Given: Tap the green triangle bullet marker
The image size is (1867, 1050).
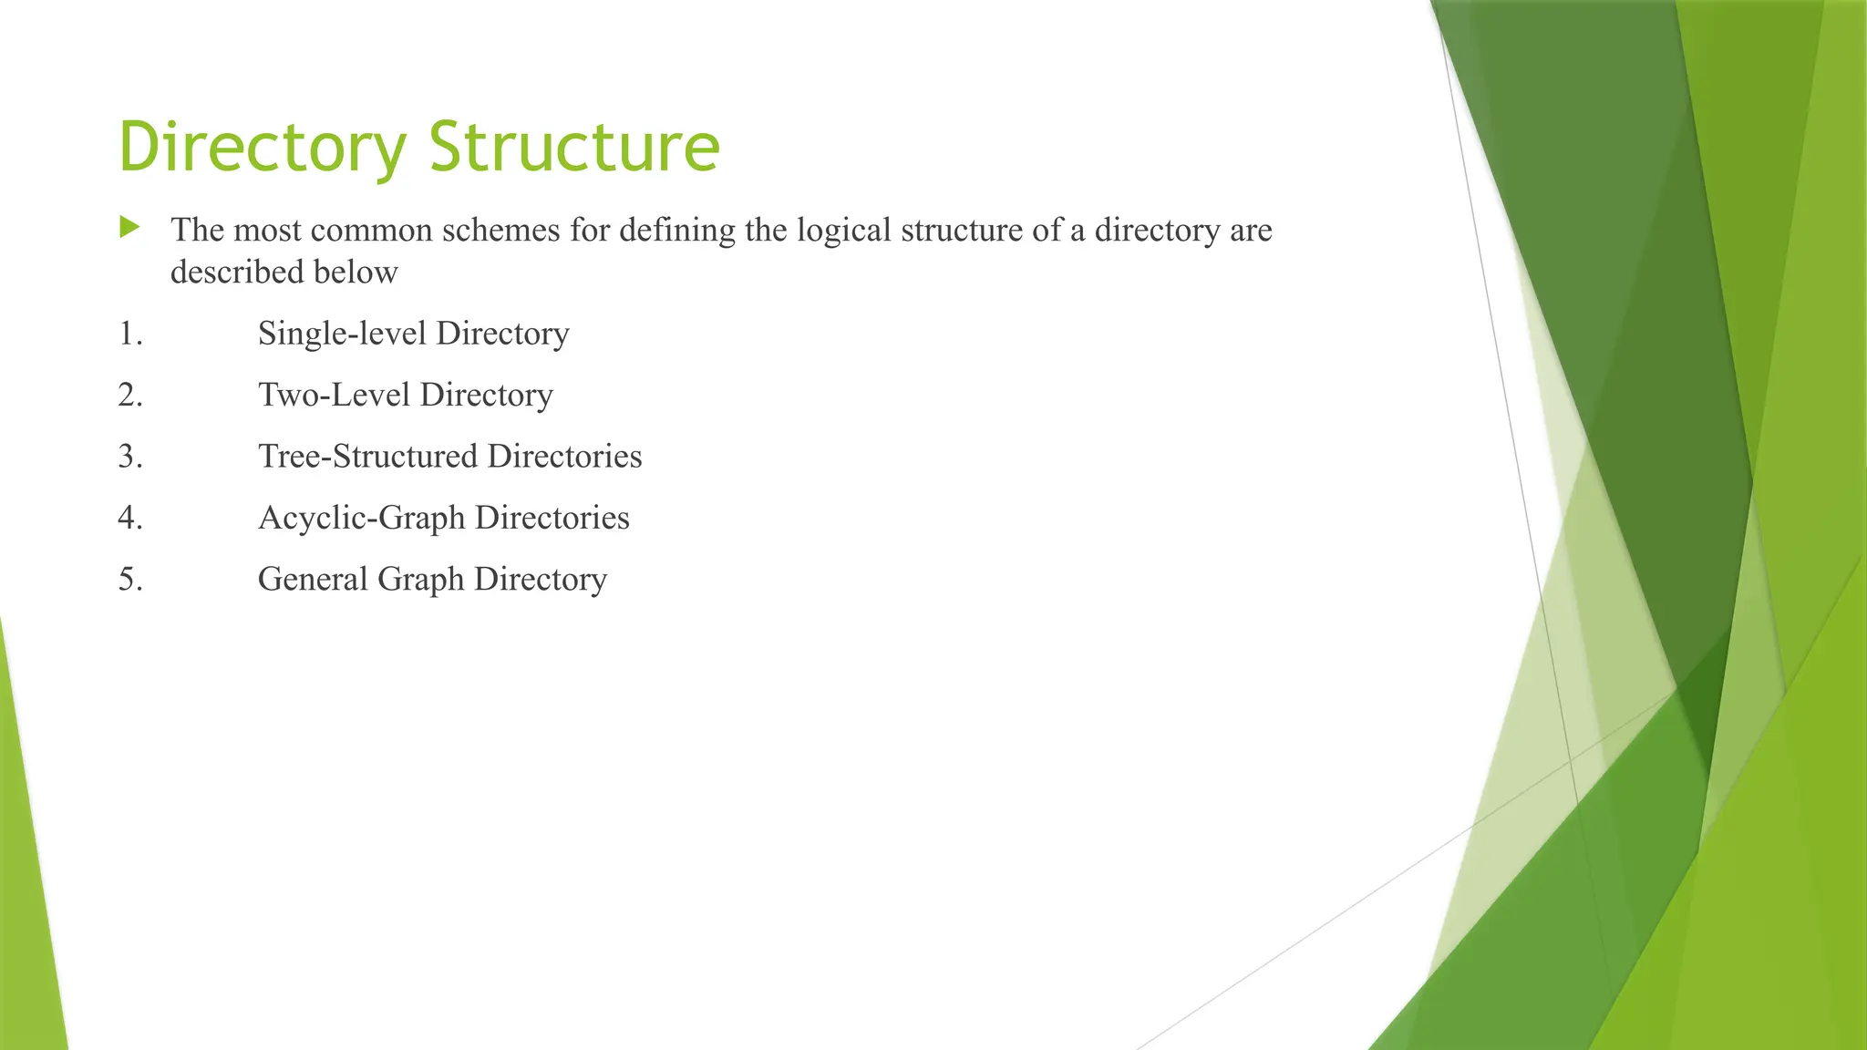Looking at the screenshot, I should [x=129, y=227].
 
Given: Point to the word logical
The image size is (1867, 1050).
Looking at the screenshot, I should [x=843, y=231].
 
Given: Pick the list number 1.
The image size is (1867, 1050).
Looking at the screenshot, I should [x=130, y=334].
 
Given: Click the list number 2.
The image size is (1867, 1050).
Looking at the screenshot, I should [x=130, y=395].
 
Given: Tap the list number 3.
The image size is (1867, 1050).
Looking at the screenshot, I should [x=130, y=457].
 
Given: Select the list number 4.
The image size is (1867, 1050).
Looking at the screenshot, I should [x=130, y=518].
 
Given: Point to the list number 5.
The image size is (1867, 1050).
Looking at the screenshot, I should [x=130, y=580].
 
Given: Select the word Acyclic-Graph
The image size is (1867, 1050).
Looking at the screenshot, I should [x=361, y=518].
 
